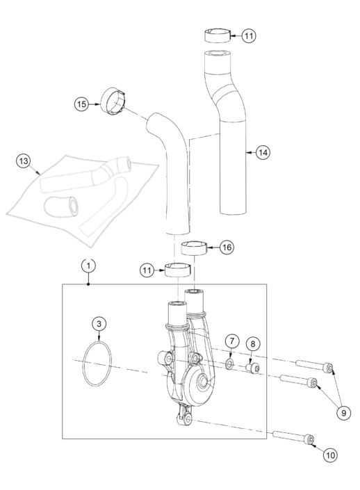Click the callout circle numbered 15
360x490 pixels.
coord(81,104)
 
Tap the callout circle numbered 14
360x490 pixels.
coord(263,152)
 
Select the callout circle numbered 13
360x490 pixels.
coord(24,161)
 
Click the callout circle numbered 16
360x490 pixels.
coord(227,247)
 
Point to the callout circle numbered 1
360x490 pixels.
coord(89,266)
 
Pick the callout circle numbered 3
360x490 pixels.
coord(99,324)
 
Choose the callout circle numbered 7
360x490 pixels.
coord(232,341)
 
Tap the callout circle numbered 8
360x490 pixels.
coord(253,344)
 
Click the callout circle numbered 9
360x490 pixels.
coord(344,413)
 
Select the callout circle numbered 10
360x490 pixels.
coord(330,455)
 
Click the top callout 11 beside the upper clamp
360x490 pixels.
coord(249,35)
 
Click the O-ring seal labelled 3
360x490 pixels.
coord(84,364)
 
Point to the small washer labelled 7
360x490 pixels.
coord(230,364)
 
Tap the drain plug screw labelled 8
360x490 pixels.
coord(253,368)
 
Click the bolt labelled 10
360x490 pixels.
coord(294,436)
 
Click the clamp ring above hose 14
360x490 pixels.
coord(218,35)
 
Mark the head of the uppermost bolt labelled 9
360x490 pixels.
coord(328,368)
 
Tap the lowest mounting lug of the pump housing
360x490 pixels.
coord(185,419)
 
